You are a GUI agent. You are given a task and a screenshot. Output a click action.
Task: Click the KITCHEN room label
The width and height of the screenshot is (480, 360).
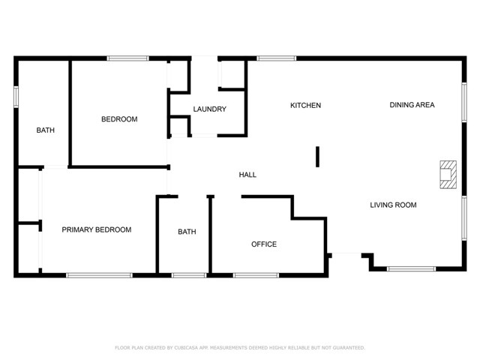point(305,106)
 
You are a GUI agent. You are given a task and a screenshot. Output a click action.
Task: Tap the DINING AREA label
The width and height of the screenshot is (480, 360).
point(412,105)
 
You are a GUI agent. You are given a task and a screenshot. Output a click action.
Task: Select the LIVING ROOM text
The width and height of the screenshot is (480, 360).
point(393,205)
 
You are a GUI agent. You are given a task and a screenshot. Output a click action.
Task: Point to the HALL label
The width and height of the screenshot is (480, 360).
point(247,175)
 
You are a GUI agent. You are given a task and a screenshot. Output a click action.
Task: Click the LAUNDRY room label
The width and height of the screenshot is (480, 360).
point(209,109)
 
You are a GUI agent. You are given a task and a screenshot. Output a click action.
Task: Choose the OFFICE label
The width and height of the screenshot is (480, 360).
point(264,244)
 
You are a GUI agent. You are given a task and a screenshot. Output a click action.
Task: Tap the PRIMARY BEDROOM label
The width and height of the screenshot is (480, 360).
point(97,230)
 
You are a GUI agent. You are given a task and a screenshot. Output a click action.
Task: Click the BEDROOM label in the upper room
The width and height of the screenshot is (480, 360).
point(119,119)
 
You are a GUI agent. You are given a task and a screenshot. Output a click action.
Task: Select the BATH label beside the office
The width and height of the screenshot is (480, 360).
point(187,232)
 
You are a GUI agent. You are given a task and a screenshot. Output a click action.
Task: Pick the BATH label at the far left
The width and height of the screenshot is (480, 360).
point(46,130)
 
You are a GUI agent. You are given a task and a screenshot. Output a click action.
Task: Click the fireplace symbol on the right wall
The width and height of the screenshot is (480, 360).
point(448,175)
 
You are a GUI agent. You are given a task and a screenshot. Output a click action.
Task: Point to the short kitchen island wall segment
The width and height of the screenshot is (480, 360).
point(318,156)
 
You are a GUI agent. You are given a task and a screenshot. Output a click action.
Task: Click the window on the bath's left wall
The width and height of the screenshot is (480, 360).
point(16,97)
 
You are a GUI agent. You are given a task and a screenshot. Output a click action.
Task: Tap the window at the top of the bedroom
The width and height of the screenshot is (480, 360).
point(127,58)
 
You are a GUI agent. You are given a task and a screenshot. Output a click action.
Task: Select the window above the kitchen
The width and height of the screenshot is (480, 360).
point(276,58)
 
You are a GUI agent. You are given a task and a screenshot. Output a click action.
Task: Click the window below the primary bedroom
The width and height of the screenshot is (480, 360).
point(99,275)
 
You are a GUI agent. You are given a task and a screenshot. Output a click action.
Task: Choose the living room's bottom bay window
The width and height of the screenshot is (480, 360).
point(411,268)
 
